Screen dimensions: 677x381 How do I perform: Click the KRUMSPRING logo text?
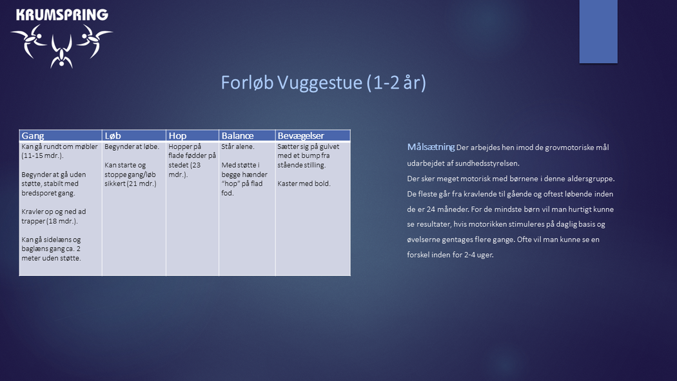pyautogui.click(x=62, y=15)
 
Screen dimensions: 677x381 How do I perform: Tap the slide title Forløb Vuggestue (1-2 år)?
pyautogui.click(x=324, y=83)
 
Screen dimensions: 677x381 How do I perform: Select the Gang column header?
pyautogui.click(x=33, y=135)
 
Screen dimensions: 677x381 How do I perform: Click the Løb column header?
pyautogui.click(x=113, y=135)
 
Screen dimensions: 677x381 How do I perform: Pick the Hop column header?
pyautogui.click(x=177, y=135)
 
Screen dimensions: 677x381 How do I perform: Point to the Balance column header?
pyautogui.click(x=237, y=135)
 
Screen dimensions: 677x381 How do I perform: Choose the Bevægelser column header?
pyautogui.click(x=300, y=135)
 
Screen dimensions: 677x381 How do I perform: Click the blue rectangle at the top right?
pyautogui.click(x=598, y=32)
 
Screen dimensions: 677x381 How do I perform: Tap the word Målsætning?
pyautogui.click(x=431, y=147)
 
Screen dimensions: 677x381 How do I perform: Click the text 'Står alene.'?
pyautogui.click(x=238, y=147)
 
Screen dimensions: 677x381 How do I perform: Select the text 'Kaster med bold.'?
pyautogui.click(x=304, y=183)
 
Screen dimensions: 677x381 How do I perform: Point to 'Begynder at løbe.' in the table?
pyautogui.click(x=132, y=147)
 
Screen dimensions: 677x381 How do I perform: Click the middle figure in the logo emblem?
pyautogui.click(x=62, y=52)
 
